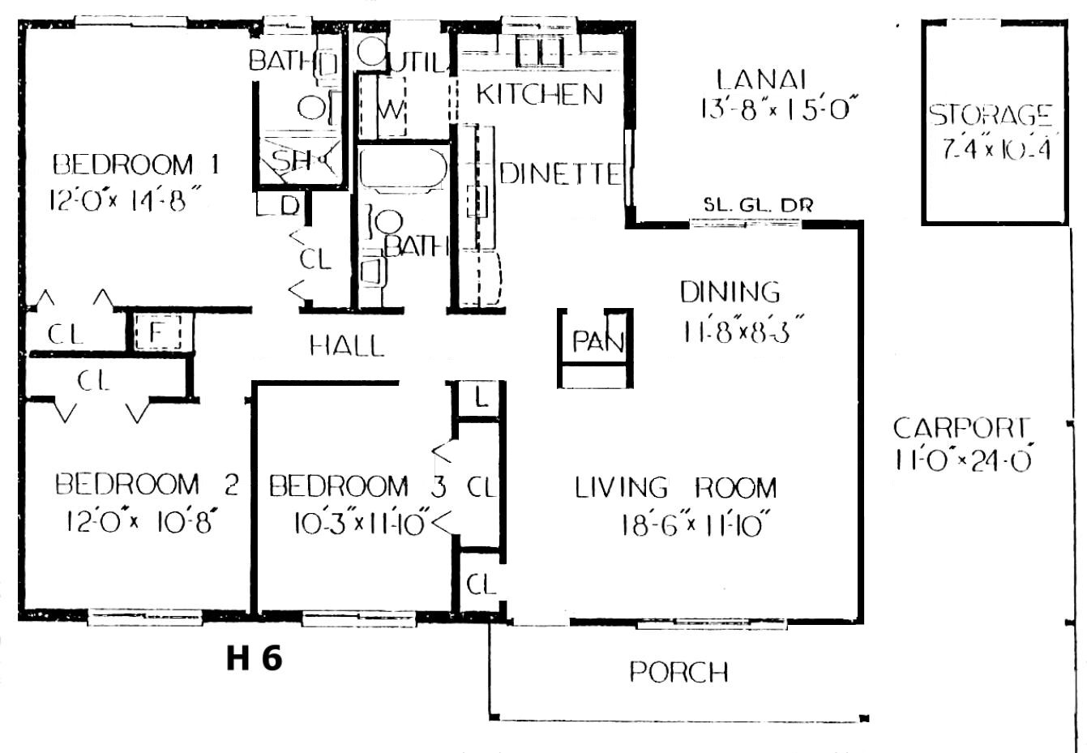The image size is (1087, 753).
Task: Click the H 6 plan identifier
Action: point(254,658)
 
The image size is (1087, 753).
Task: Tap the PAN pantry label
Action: point(598,341)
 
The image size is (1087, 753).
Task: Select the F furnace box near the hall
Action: point(158,332)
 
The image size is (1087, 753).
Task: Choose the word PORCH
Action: point(678,672)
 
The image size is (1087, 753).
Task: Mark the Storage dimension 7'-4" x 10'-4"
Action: point(996,150)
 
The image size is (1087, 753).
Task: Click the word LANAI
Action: point(761,79)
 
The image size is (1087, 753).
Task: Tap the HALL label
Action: point(346,346)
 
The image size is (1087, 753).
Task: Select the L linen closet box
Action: point(481,399)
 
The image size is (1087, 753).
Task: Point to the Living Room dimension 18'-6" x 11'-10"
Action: point(695,524)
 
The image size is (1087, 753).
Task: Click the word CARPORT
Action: point(961,427)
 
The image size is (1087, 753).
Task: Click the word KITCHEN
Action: point(539,94)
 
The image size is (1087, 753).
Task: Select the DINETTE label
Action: point(560,173)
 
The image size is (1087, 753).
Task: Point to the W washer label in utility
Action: point(391,109)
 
